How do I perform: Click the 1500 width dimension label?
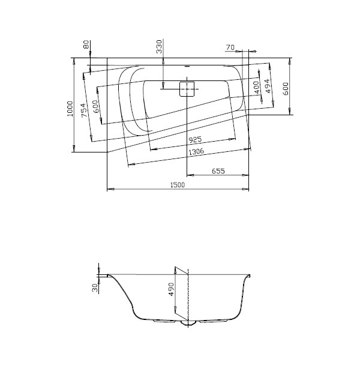pos(178,185)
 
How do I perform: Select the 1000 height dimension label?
pos(70,109)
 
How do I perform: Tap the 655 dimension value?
pos(218,171)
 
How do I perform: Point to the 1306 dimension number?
pos(196,152)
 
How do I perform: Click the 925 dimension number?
pos(195,140)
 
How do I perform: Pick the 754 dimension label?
pos(84,110)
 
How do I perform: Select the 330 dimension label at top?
pos(159,47)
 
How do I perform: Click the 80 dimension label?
pos(86,44)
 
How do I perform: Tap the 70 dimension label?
pos(230,47)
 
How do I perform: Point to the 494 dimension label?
pos(268,86)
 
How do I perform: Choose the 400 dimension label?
pos(257,87)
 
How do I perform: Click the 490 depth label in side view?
pos(171,289)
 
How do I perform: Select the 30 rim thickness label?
pos(95,288)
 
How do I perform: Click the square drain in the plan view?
pos(187,89)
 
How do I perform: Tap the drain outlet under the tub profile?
pos(188,322)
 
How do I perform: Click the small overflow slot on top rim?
pos(187,66)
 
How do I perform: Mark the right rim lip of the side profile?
pos(249,276)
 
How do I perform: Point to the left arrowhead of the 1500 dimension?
pos(110,189)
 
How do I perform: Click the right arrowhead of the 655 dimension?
pos(245,175)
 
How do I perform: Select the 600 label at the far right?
pos(286,89)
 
